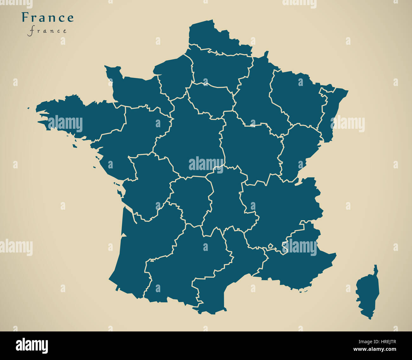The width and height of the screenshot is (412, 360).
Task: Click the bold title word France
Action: [48, 17]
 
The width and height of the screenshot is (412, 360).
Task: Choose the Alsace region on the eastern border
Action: [331, 114]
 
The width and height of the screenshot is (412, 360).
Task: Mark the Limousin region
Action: [190, 200]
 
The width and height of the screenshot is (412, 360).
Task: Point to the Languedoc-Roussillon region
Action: [222, 279]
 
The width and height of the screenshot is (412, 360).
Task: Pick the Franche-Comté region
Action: [298, 149]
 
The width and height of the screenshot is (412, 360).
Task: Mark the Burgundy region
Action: [250, 149]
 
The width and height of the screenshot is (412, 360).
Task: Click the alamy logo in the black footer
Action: [32, 345]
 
